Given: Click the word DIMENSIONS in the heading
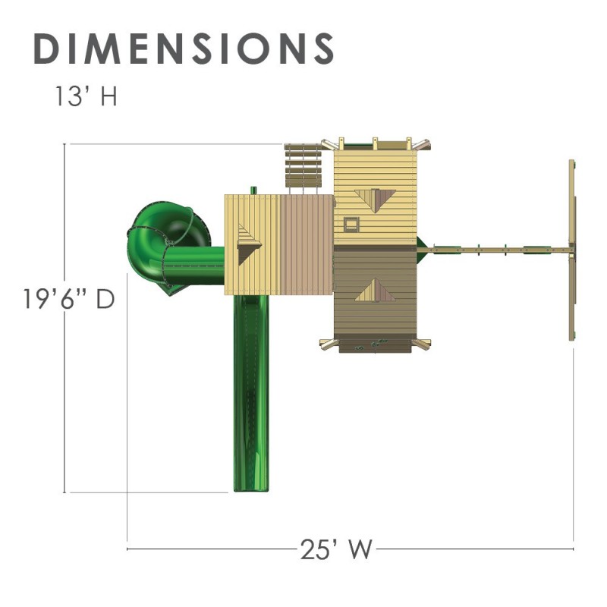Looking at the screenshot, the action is (x=184, y=49).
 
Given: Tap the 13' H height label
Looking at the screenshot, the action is (x=86, y=96).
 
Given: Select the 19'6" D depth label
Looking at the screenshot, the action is (x=69, y=299).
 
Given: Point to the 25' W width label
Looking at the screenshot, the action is (x=336, y=549).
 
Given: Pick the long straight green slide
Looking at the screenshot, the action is (x=251, y=393).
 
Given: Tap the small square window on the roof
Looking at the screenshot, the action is (x=351, y=225).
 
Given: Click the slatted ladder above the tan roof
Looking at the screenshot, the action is (x=303, y=166).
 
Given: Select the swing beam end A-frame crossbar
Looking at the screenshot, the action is (x=572, y=250).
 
